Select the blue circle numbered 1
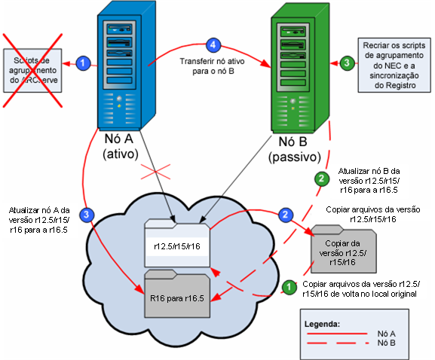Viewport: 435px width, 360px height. (x=84, y=62)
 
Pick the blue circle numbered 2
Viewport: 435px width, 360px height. (x=286, y=215)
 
